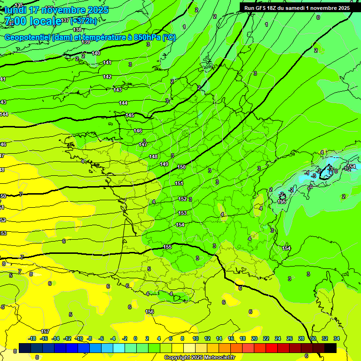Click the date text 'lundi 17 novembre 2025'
click(56, 10)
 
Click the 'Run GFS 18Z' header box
click(297, 8)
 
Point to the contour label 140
click(96, 53)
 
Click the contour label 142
click(107, 77)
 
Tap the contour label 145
click(130, 115)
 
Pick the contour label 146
click(138, 131)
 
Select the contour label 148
click(153, 157)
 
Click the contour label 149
click(164, 164)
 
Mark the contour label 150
click(181, 167)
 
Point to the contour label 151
click(179, 183)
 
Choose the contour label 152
click(182, 199)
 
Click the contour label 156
click(149, 312)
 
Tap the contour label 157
click(45, 331)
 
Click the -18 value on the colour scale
click(32, 338)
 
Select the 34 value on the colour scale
click(337, 338)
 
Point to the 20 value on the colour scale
click(254, 338)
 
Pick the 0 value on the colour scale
click(135, 338)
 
